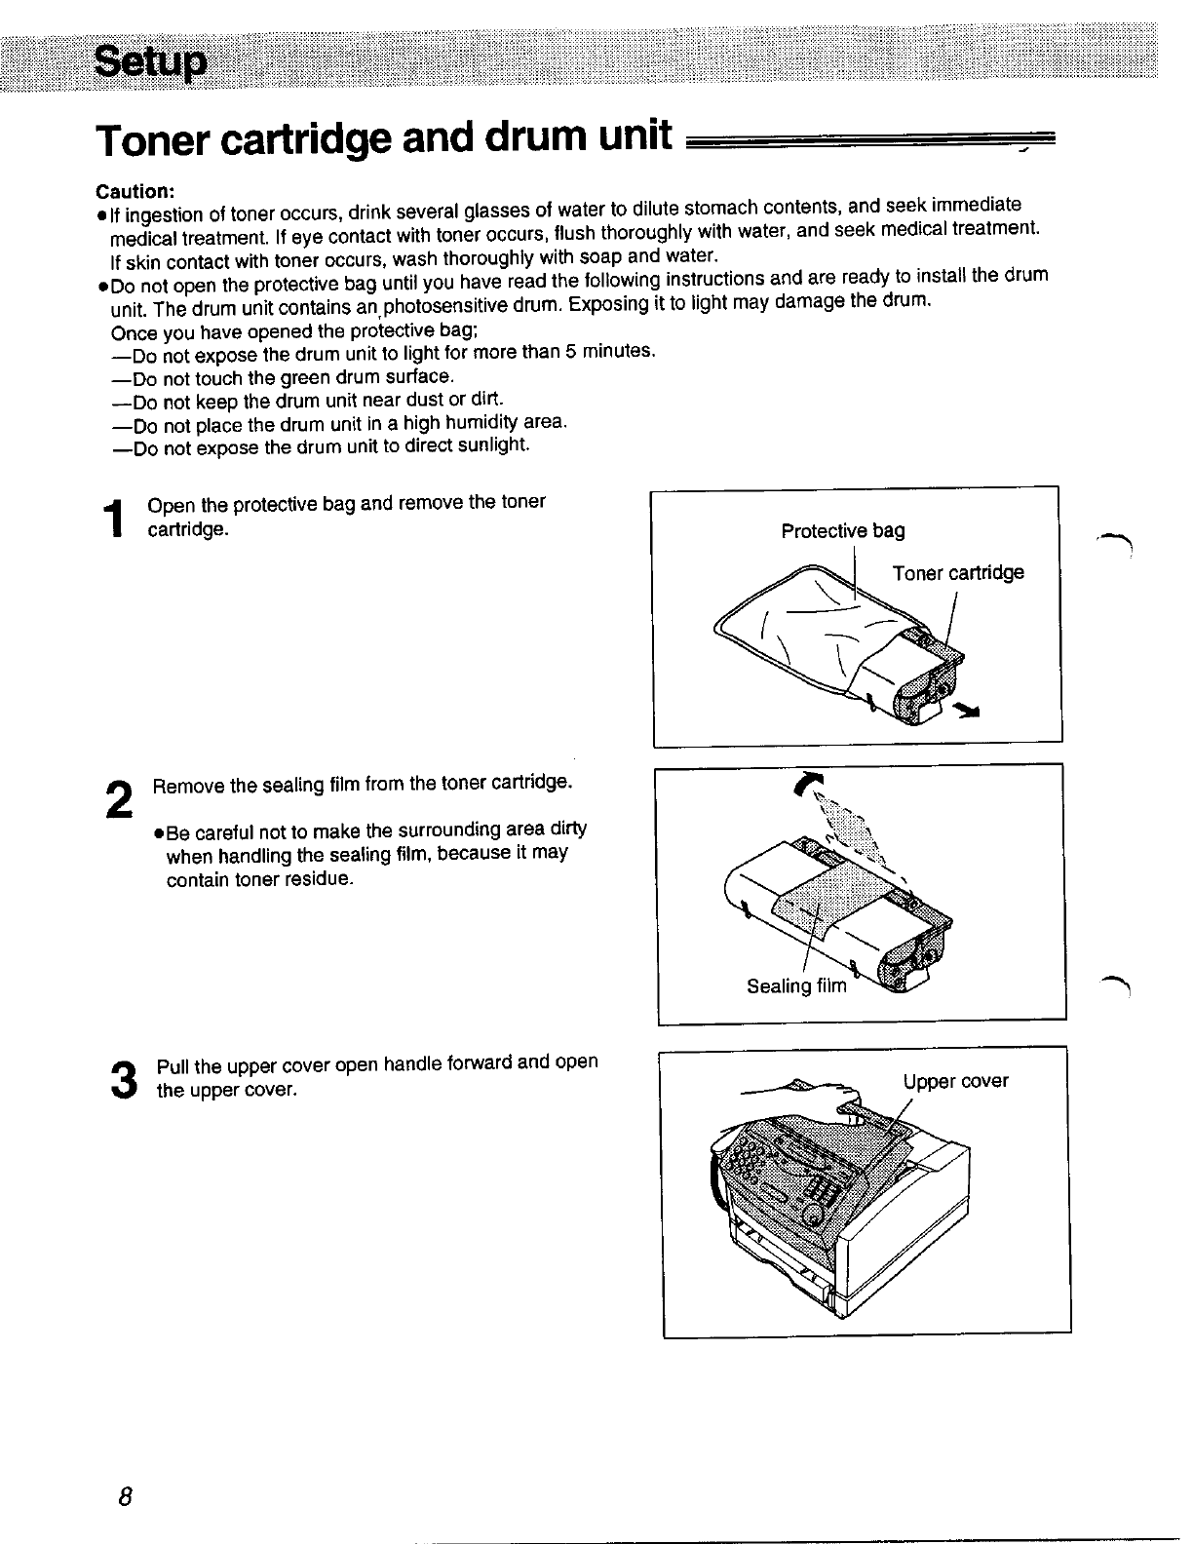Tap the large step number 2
tap(118, 800)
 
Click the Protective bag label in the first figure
tap(843, 530)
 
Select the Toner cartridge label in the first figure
tap(958, 572)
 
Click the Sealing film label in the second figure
tap(797, 985)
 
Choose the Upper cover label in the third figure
tap(955, 1081)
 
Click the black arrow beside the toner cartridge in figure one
tap(968, 711)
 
